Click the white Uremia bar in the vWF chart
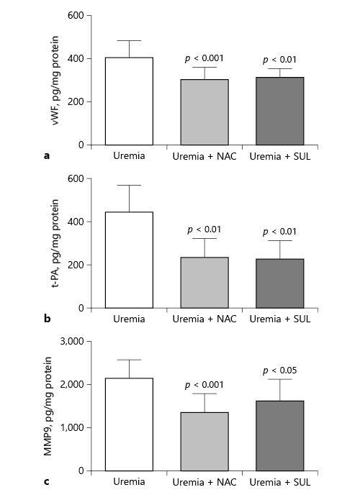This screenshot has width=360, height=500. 130,101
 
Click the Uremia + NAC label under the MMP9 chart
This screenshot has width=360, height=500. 199,481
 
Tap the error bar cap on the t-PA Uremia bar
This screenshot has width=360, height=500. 130,186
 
